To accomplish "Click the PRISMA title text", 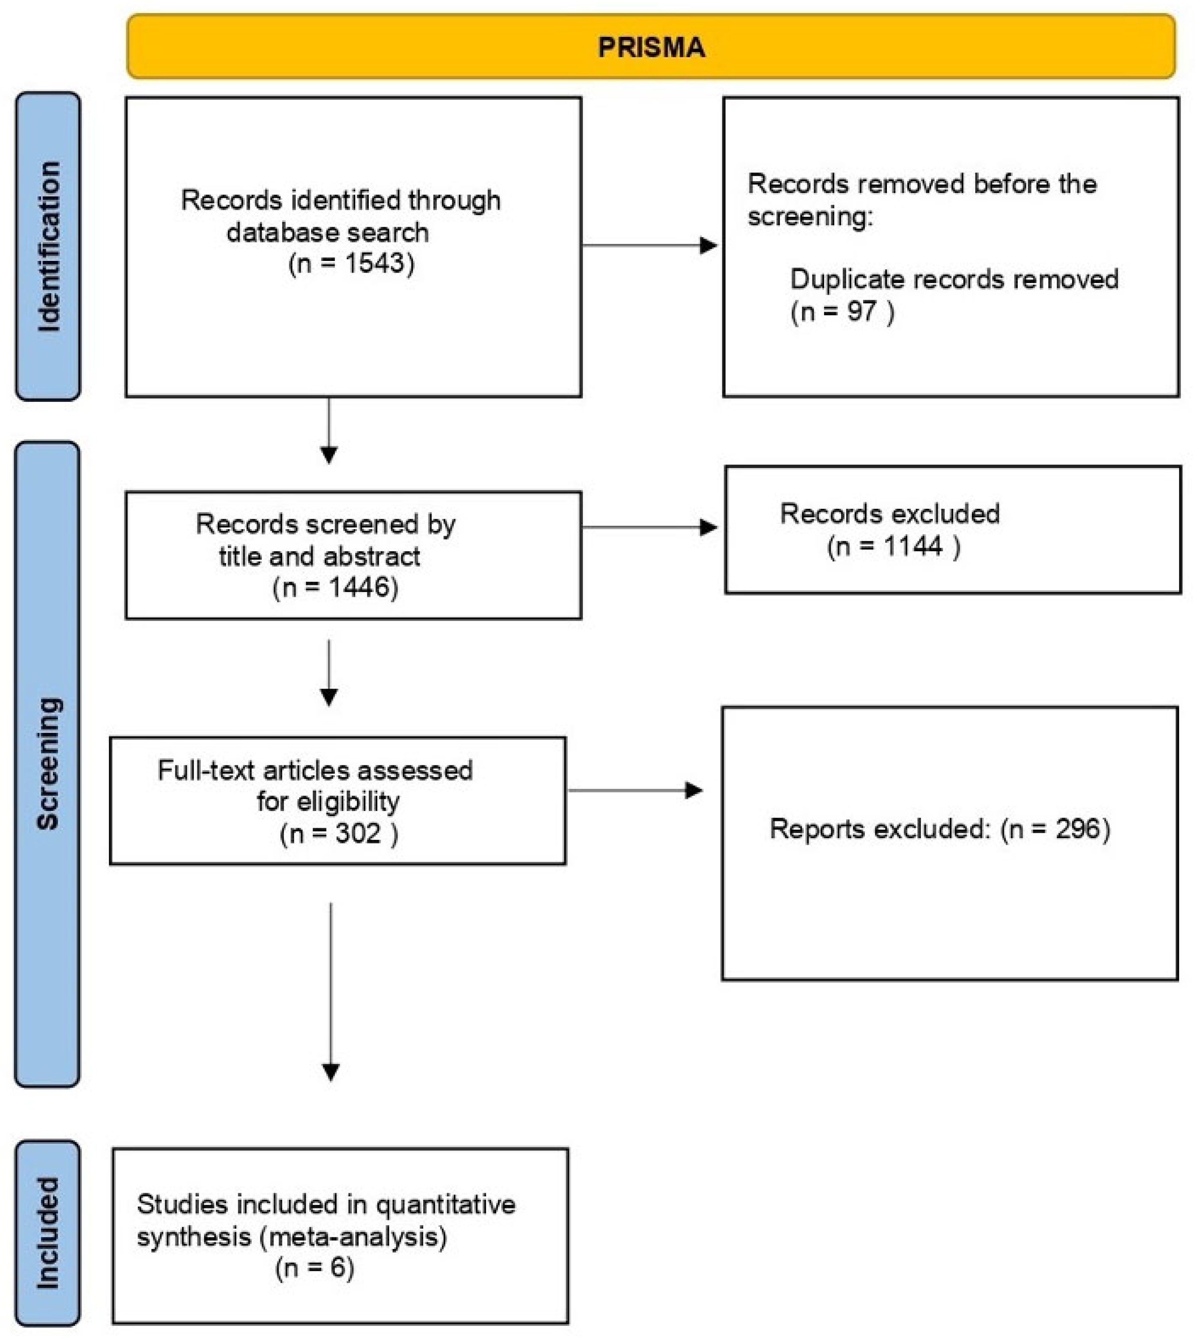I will [x=651, y=47].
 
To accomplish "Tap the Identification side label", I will [x=49, y=246].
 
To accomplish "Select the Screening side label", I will [x=48, y=764].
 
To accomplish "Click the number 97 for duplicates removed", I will [x=861, y=311].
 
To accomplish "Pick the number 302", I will [x=358, y=833].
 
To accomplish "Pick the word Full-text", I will [x=205, y=770].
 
